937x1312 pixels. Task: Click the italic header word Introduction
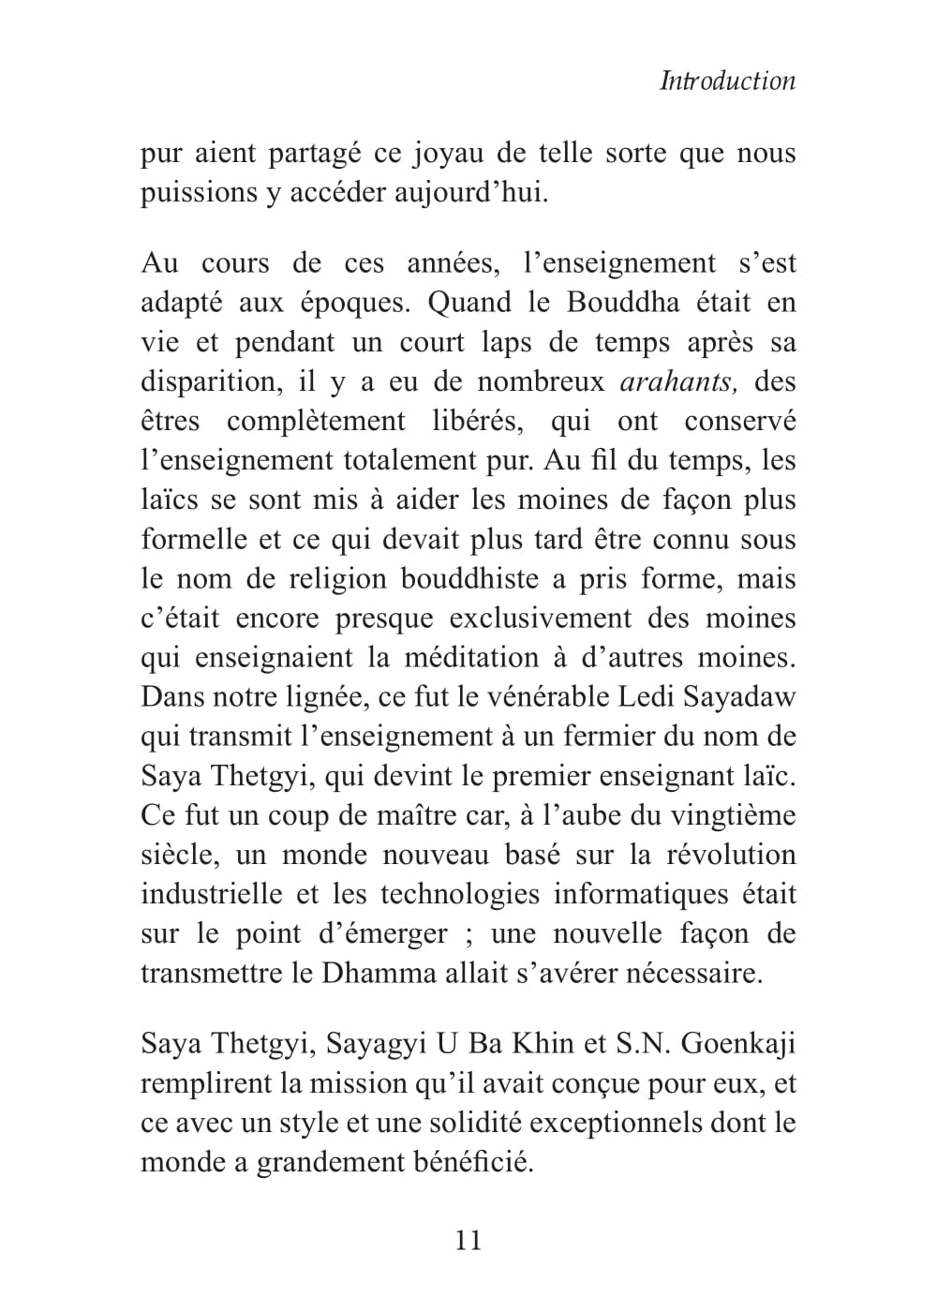(x=727, y=81)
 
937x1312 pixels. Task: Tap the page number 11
(x=468, y=1240)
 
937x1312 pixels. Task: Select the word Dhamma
(x=379, y=973)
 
